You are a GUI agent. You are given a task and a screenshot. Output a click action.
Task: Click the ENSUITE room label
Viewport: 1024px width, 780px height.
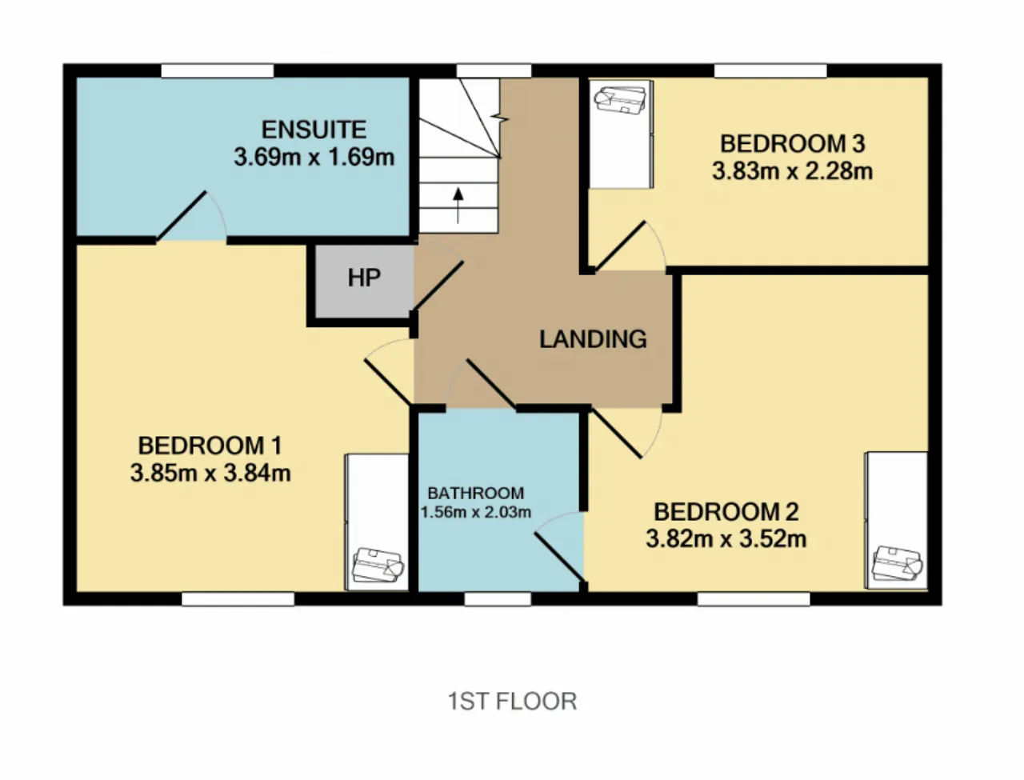click(314, 130)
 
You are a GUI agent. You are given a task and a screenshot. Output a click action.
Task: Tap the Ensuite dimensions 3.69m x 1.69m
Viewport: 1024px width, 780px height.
click(314, 158)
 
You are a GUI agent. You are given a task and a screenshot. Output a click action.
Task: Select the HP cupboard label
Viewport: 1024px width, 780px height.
click(364, 278)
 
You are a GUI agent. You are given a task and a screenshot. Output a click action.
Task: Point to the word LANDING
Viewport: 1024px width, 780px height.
click(593, 339)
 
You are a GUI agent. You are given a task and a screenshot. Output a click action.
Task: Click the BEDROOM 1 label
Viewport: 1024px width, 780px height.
click(210, 446)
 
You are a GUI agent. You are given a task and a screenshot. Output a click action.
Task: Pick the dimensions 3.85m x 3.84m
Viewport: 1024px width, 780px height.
click(210, 473)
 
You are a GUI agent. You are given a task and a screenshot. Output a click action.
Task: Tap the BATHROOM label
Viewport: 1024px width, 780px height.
click(476, 493)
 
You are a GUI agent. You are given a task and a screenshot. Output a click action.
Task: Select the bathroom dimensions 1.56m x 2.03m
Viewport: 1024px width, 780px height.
click(476, 512)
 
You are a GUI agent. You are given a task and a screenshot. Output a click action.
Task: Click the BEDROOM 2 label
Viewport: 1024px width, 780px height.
click(726, 512)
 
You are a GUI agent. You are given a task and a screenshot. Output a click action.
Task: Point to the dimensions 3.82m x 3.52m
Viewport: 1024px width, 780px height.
click(726, 539)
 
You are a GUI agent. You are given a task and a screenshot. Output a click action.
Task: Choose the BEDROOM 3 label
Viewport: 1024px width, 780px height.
click(793, 143)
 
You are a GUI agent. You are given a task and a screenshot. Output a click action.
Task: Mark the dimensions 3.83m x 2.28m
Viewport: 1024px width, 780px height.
click(793, 171)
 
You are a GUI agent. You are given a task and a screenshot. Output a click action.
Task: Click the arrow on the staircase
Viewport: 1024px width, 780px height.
click(458, 206)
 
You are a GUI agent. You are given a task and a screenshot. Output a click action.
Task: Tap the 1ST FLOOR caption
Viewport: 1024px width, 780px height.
click(512, 701)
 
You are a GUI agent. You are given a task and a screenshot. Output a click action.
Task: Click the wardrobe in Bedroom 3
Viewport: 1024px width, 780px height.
click(621, 134)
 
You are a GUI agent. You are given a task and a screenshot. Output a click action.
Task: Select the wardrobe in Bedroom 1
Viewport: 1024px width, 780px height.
click(377, 522)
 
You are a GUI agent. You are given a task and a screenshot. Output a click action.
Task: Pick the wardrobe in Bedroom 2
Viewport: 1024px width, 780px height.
click(896, 520)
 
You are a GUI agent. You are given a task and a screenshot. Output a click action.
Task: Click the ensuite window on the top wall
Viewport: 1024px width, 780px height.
click(218, 71)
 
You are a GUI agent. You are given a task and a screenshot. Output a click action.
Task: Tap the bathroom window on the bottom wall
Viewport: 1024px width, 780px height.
click(498, 599)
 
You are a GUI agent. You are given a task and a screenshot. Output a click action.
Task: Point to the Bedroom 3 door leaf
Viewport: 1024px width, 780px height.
click(620, 246)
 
